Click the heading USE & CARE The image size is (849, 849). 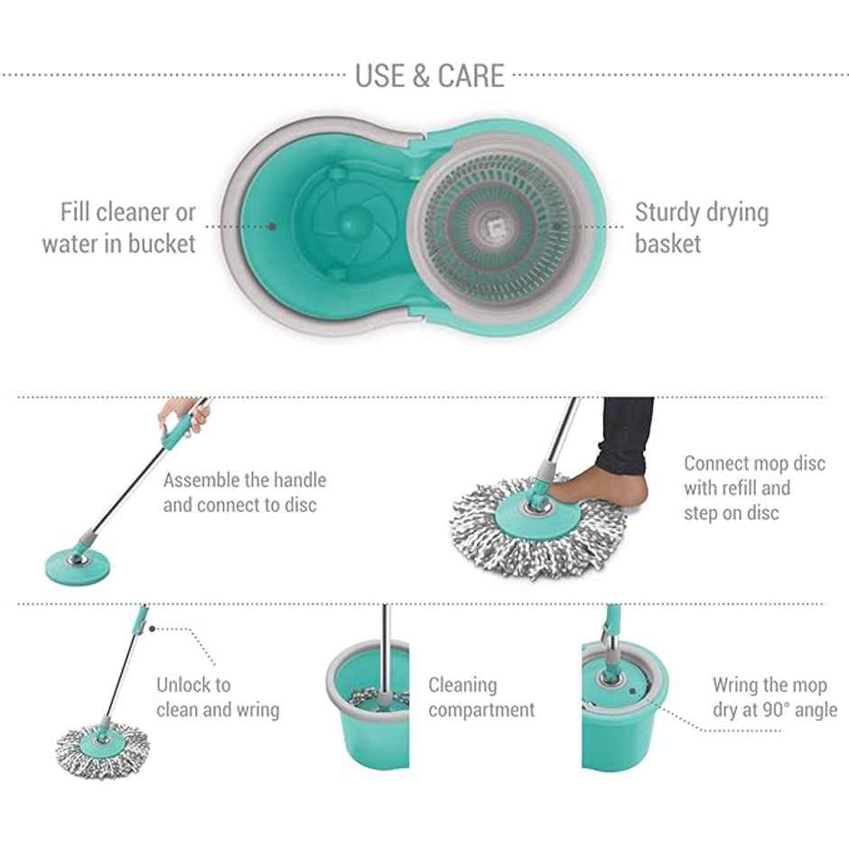[429, 75]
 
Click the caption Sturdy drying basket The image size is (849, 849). [701, 228]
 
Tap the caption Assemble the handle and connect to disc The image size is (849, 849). [244, 492]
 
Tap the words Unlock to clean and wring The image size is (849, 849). [217, 697]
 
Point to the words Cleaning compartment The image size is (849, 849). [481, 697]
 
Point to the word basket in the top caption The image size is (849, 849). [667, 244]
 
